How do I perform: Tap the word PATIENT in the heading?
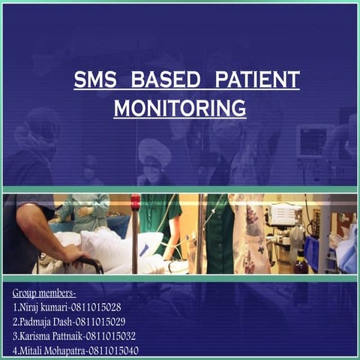257,79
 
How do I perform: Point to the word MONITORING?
180,107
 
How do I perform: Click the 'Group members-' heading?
45,292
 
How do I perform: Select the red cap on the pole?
135,202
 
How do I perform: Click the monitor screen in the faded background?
313,142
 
